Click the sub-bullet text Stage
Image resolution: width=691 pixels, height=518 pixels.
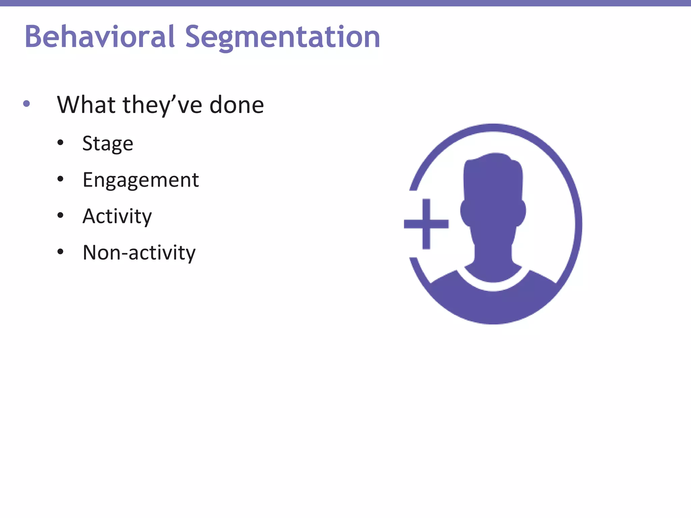pos(108,144)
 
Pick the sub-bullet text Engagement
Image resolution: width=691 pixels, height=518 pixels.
pos(141,180)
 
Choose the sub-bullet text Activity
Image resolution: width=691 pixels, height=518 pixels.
pos(117,216)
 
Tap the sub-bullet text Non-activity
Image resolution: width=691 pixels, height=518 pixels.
pos(139,253)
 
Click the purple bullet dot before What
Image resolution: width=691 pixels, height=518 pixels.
pos(26,104)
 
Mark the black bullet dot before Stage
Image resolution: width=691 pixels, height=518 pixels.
pos(60,143)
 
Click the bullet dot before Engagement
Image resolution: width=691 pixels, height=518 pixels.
pos(60,179)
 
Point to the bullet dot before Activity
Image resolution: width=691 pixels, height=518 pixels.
pos(60,215)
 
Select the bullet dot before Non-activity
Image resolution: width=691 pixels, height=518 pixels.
pos(60,252)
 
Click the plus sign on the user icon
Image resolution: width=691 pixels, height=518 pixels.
pos(426,224)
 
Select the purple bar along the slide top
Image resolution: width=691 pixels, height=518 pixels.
pos(345,3)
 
